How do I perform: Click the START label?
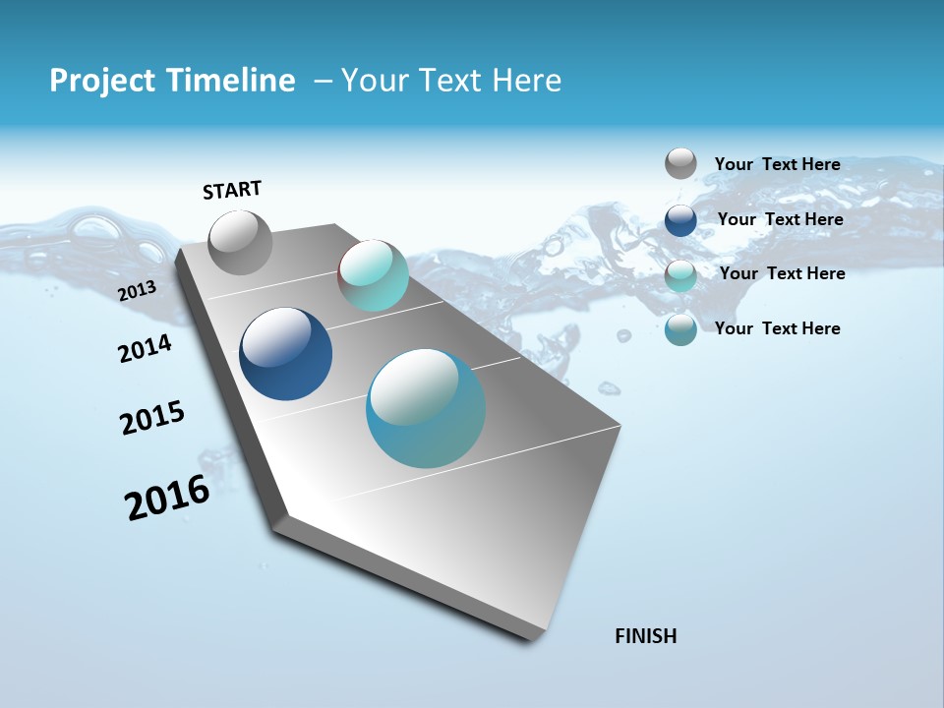[232, 190]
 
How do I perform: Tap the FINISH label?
[645, 636]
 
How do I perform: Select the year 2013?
[138, 291]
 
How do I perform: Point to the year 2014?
[146, 348]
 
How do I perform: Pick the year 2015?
[152, 418]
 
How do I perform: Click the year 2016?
[167, 498]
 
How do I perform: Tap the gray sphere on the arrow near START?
[241, 243]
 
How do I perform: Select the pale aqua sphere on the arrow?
[373, 275]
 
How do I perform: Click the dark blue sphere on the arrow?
[285, 354]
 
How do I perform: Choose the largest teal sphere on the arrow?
[426, 408]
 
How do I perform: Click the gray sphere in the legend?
[680, 163]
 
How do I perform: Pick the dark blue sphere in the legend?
[680, 220]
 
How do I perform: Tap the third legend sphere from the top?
[680, 275]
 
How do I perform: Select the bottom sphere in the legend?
[680, 329]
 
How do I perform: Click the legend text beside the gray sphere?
[777, 164]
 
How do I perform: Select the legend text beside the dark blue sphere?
[780, 219]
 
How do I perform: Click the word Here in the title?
[527, 81]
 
